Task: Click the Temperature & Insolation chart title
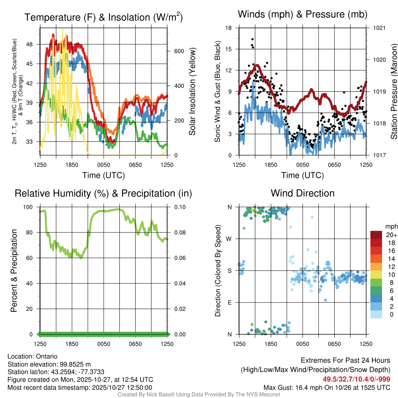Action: pos(103,17)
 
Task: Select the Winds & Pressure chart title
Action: pos(302,14)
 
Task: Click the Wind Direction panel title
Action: pos(302,193)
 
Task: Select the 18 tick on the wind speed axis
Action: pos(229,28)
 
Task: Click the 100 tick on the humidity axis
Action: pos(30,207)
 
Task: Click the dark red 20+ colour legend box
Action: pos(376,235)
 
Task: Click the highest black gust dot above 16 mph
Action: pos(252,39)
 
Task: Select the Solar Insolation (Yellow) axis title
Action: pos(192,91)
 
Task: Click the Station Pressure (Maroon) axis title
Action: pos(394,91)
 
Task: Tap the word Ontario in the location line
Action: pos(47,356)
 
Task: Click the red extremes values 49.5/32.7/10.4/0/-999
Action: pos(356,379)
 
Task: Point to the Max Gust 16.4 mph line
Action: pos(327,387)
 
